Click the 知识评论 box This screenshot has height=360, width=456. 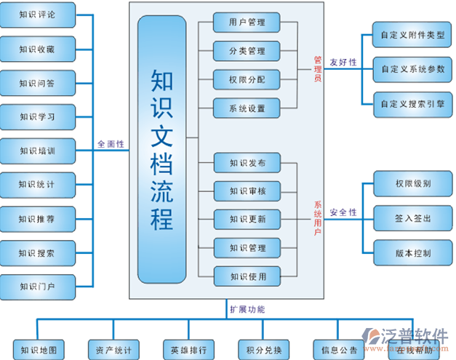coord(38,15)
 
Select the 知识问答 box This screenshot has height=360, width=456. coord(38,83)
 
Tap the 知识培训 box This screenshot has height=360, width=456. coord(38,151)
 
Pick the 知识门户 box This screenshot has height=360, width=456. coord(38,286)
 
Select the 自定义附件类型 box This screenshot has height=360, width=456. coord(412,35)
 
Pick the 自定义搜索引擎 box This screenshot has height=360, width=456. coord(412,104)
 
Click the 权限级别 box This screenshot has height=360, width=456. coord(412,183)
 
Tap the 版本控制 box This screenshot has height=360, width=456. coord(412,253)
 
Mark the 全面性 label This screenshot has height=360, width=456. coord(111,144)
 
